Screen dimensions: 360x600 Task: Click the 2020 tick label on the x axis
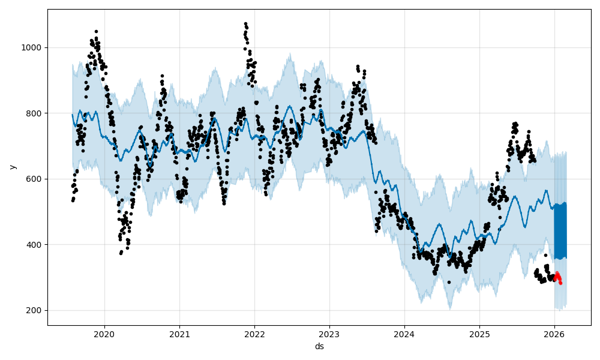click(x=104, y=332)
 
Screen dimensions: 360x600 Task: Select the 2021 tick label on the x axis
click(x=179, y=332)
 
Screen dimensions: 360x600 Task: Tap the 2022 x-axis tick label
click(x=254, y=332)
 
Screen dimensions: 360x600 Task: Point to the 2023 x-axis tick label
click(x=329, y=332)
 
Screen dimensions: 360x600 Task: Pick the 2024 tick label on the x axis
click(x=404, y=332)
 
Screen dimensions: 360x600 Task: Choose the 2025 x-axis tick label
click(x=479, y=332)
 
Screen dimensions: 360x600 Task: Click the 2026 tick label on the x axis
click(x=554, y=332)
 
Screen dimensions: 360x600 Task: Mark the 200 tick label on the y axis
click(x=35, y=311)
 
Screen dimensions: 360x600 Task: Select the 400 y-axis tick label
click(x=35, y=245)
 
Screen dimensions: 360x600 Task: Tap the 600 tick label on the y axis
click(x=35, y=179)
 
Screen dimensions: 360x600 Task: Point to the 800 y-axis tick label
click(x=35, y=113)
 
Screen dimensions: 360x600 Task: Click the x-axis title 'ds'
click(x=319, y=346)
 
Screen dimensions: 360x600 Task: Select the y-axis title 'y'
click(x=12, y=167)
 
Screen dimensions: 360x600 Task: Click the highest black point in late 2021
click(x=245, y=23)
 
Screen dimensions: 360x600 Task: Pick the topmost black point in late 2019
click(x=96, y=31)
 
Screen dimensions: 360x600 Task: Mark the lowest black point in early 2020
click(x=121, y=253)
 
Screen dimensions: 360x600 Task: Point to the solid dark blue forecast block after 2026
click(x=560, y=231)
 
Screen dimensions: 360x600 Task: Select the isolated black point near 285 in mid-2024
click(x=449, y=282)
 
